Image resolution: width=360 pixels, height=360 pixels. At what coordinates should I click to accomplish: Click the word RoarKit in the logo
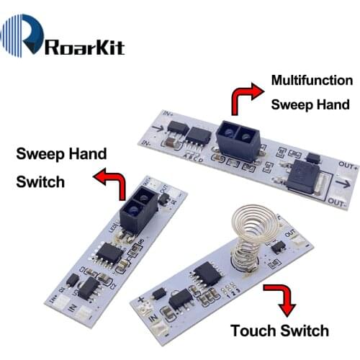click(85, 48)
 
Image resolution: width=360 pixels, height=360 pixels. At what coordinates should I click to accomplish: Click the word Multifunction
click(312, 80)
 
